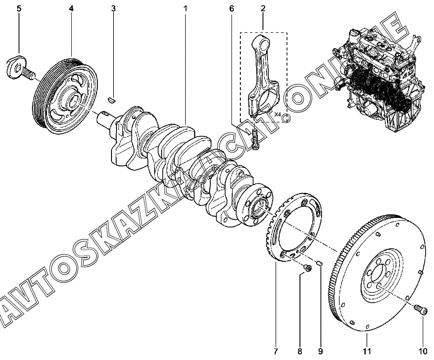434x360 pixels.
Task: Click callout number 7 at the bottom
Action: [276, 351]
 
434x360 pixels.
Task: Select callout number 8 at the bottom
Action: [299, 351]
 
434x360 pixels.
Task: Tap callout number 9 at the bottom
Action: [320, 351]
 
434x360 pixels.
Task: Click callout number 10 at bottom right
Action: [423, 351]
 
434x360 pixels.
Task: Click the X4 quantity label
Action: [278, 114]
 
